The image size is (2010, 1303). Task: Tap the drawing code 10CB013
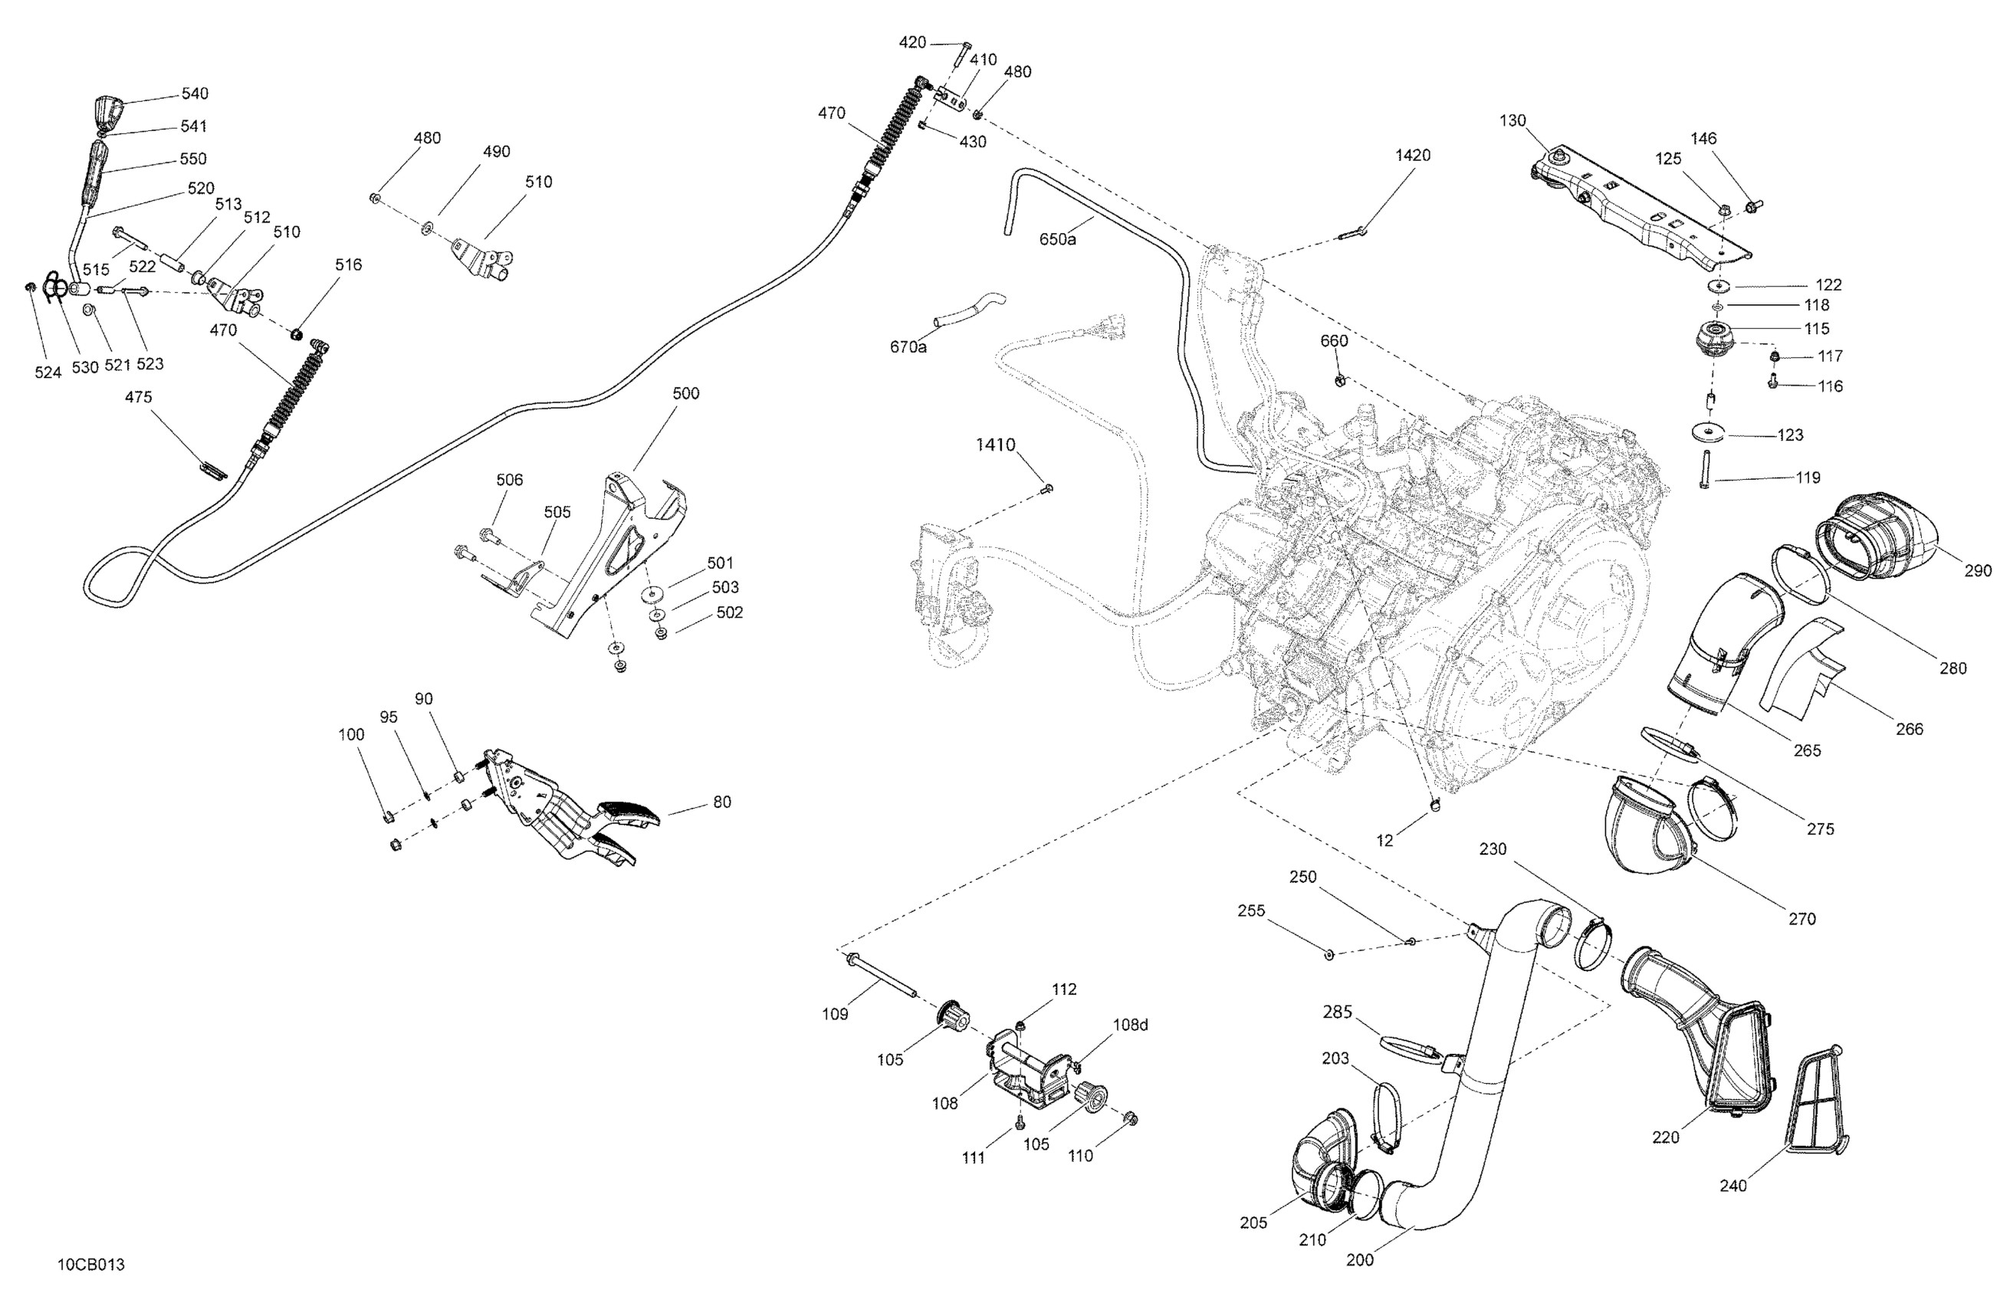point(91,1264)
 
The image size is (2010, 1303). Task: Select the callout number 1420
point(1413,156)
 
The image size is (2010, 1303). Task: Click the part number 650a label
point(1057,240)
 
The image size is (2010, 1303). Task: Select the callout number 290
point(1978,571)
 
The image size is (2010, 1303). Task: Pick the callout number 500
point(686,393)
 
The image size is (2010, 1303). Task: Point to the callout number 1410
point(996,445)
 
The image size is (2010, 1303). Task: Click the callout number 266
point(1910,729)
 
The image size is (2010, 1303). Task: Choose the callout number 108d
point(1131,1026)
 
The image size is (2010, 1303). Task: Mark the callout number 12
point(1384,840)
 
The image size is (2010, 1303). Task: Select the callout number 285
point(1338,1012)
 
